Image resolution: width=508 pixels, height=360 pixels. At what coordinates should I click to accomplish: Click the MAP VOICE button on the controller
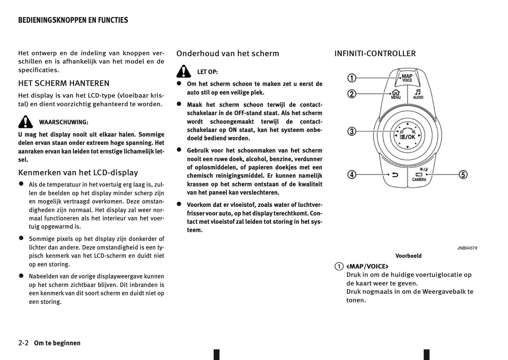pos(407,78)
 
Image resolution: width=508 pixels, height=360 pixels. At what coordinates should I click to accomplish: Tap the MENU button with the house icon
pos(396,94)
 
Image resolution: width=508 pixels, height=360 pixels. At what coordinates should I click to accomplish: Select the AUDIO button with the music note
pos(418,94)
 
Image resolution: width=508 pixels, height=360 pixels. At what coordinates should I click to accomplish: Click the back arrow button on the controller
pos(396,175)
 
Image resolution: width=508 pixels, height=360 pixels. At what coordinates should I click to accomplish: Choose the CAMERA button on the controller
pos(419,177)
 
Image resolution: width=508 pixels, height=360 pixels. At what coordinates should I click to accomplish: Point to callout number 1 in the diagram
pos(352,78)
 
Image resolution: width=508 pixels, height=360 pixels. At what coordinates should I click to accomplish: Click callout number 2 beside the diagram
pos(352,94)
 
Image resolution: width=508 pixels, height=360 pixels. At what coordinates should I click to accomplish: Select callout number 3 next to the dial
pos(352,131)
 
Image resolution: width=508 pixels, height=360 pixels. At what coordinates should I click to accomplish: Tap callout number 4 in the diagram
pos(352,174)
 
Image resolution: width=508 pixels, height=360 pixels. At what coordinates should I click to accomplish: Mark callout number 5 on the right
pos(463,174)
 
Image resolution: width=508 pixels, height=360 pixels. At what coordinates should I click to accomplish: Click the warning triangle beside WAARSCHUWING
pos(25,122)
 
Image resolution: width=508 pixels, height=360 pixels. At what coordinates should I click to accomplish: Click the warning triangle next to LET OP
pos(184,71)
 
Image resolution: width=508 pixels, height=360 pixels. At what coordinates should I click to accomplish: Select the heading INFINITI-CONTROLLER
pos(375,53)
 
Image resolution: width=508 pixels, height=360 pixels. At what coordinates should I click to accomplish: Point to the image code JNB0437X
pos(467,248)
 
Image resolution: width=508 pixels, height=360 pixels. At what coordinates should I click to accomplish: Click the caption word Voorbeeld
pos(408,256)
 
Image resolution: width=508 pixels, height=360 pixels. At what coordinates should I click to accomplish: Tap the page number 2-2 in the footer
pos(24,343)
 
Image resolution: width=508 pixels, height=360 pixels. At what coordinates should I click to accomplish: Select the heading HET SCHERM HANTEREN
pos(64,83)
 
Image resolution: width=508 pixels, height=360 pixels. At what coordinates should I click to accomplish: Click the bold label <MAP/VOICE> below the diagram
pos(367,266)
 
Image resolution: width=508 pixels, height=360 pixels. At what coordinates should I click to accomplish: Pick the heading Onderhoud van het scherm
pos(227,53)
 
